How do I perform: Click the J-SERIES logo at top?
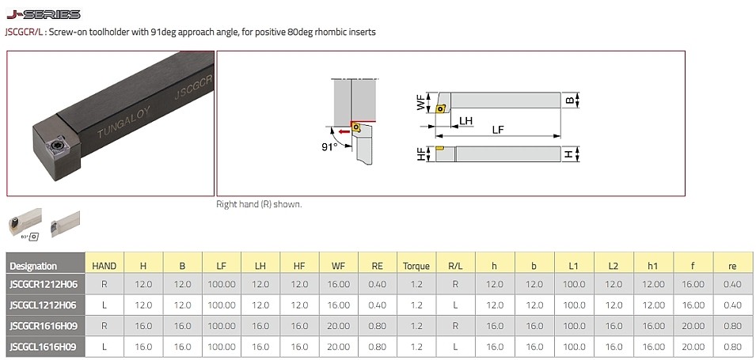tap(44, 14)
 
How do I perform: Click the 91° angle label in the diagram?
tap(329, 147)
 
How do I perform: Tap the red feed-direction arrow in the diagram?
tap(344, 131)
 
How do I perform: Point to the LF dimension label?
tap(498, 130)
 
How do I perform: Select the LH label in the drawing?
tap(465, 120)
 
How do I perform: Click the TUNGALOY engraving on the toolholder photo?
tap(123, 123)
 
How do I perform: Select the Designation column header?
tap(33, 266)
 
